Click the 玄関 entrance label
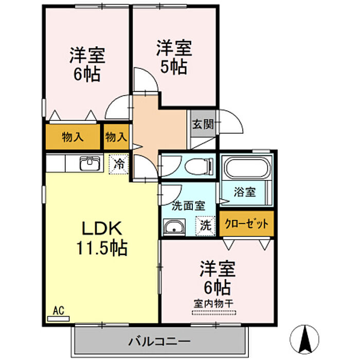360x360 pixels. click(203, 124)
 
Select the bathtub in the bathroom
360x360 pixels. click(246, 168)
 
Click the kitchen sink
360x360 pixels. click(90, 164)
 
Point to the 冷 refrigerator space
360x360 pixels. click(119, 164)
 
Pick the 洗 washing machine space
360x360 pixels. click(206, 226)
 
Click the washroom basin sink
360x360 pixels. click(174, 227)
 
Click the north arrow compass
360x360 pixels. click(304, 339)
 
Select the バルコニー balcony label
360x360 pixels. click(159, 341)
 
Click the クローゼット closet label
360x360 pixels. click(246, 224)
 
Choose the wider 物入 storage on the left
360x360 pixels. click(73, 137)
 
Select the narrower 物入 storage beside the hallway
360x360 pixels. click(116, 137)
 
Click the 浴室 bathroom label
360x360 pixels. click(245, 192)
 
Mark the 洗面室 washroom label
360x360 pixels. click(189, 206)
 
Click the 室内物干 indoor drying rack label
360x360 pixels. click(214, 304)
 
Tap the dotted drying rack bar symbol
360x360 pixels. click(214, 313)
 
